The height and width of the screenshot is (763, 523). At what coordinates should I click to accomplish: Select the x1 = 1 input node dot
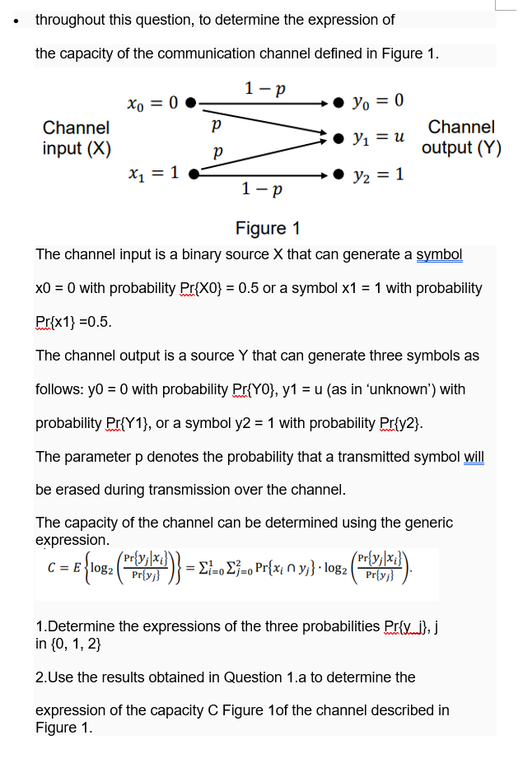(x=194, y=174)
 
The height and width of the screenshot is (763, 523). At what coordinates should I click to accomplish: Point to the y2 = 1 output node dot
(x=338, y=174)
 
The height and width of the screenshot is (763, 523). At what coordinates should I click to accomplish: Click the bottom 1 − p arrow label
(x=264, y=190)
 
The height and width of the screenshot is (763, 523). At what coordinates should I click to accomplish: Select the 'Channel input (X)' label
(x=76, y=137)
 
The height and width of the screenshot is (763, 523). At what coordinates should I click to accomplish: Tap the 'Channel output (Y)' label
(x=461, y=137)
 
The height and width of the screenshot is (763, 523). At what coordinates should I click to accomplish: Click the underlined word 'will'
(x=474, y=456)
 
